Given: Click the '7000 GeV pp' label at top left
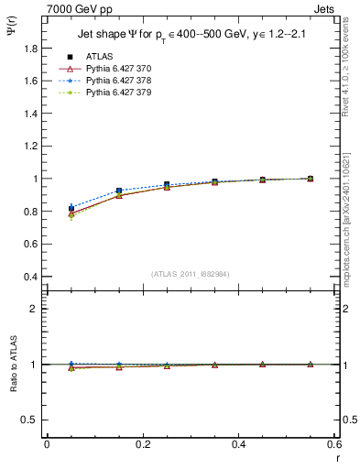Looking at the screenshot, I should click(x=73, y=8).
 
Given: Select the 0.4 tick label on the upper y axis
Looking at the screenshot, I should click(x=31, y=277).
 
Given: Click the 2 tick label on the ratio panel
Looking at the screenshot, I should click(x=35, y=309).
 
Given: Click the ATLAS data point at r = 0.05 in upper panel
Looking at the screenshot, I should click(x=71, y=209).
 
